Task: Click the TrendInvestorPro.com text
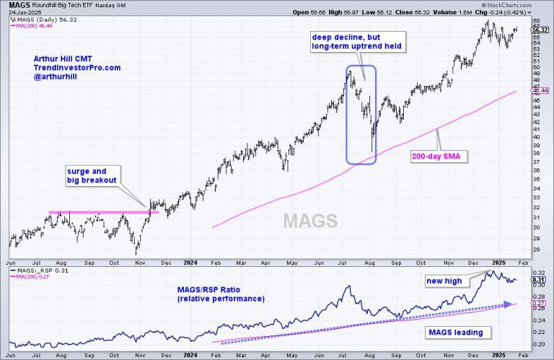click(76, 67)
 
